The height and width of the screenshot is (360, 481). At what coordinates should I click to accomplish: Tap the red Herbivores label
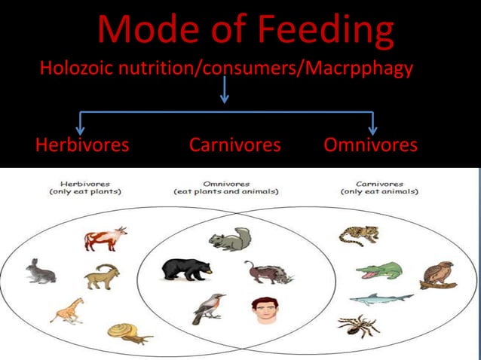pyautogui.click(x=82, y=145)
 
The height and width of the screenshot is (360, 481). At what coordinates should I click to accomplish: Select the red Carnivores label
pyautogui.click(x=234, y=145)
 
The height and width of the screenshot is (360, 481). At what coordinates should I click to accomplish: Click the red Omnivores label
pyautogui.click(x=370, y=145)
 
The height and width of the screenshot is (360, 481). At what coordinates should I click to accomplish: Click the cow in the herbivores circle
pyautogui.click(x=104, y=239)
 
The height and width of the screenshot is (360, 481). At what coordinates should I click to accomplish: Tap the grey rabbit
pyautogui.click(x=40, y=271)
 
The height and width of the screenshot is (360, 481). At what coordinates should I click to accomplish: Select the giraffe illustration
pyautogui.click(x=67, y=310)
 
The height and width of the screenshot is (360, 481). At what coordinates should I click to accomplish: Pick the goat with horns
pyautogui.click(x=102, y=276)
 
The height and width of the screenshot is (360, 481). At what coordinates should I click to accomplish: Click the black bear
pyautogui.click(x=187, y=269)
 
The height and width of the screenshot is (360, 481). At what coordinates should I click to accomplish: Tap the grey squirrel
pyautogui.click(x=231, y=239)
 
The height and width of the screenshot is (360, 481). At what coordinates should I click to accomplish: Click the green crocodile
pyautogui.click(x=379, y=270)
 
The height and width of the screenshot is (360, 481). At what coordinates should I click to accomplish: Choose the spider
pyautogui.click(x=359, y=325)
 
